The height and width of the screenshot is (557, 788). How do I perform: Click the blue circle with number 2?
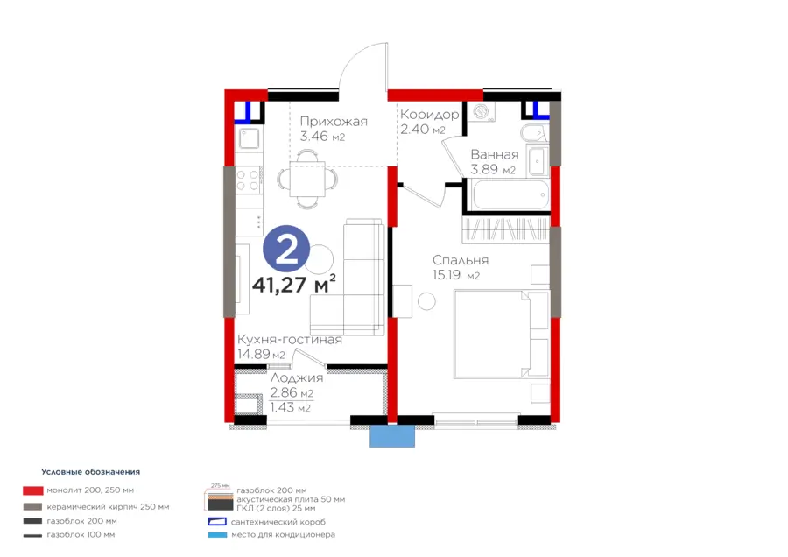click(286, 249)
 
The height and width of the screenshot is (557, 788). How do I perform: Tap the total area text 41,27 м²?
click(294, 284)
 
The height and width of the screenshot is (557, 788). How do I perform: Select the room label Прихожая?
click(334, 121)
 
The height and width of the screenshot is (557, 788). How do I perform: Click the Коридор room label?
click(430, 115)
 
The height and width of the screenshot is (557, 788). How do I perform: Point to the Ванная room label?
click(495, 154)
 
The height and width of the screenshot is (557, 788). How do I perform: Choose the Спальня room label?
click(461, 260)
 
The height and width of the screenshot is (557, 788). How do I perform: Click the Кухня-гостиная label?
click(290, 339)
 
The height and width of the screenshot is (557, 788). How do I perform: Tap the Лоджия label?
click(297, 378)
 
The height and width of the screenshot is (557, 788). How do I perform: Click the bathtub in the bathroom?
click(510, 194)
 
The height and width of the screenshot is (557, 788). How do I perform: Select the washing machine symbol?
click(482, 111)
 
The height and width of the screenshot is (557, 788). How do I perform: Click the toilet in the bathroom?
click(533, 133)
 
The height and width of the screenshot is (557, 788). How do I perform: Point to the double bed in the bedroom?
click(501, 334)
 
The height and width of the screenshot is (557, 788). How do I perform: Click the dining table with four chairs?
click(307, 179)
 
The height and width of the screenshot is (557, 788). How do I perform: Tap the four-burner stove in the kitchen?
click(248, 180)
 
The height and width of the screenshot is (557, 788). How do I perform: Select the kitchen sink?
click(249, 138)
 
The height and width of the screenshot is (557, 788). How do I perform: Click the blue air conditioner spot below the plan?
click(392, 436)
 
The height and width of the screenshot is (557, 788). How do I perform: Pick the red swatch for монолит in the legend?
click(32, 490)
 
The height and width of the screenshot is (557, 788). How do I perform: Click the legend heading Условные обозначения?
click(90, 471)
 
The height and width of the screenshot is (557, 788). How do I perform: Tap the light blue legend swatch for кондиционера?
click(217, 535)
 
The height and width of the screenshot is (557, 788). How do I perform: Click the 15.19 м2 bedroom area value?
click(456, 275)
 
